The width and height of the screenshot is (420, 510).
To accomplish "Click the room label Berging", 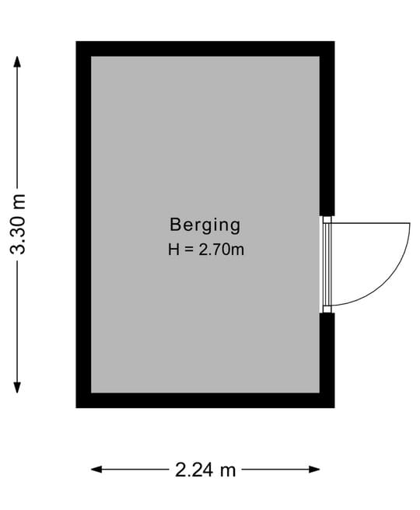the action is pos(205,225).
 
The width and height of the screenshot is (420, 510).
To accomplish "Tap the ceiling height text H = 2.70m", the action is pos(206,250).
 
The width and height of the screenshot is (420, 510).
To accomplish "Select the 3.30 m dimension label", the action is pos(18,224).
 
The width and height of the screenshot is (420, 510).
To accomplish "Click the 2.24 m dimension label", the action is pos(205,470).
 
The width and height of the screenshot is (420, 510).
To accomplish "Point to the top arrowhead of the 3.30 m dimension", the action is pos(17,61).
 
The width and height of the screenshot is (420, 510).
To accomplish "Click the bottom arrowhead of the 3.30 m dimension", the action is pos(17,387).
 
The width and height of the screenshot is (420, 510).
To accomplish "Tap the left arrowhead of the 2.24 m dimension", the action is pos(97,470).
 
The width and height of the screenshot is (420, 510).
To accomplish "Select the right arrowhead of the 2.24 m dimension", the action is pos(314,470).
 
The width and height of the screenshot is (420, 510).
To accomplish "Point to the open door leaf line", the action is pos(370,223).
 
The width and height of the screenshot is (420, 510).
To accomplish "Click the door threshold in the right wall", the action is pos(327,264).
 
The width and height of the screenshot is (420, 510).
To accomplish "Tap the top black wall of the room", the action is pos(205,49).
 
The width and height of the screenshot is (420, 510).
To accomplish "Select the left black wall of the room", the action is pos(83,225).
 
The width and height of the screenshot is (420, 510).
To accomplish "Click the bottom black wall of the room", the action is pos(205,400).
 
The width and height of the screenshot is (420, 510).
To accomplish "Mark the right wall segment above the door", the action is pos(327,128).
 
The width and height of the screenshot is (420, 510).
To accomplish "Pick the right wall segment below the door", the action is pos(327,361).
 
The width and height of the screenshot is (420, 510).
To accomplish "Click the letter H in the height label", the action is pos(173,250).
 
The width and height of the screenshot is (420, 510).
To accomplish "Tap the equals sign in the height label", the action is pos(189,250).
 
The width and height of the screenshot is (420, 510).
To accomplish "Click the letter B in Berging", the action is pos(175,225).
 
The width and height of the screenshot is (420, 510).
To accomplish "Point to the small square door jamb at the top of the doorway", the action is pos(327,219).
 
